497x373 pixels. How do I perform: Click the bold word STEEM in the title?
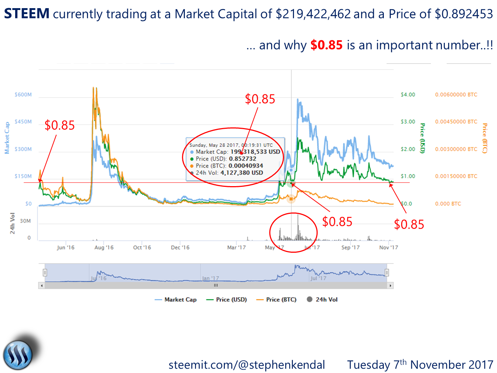pyautogui.click(x=27, y=14)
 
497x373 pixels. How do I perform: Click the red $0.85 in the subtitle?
pyautogui.click(x=327, y=45)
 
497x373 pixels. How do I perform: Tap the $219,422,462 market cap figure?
pyautogui.click(x=313, y=14)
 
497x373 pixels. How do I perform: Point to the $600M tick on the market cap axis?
pyautogui.click(x=23, y=95)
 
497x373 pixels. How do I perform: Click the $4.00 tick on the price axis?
pyautogui.click(x=408, y=95)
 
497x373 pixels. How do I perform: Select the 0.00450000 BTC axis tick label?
pyautogui.click(x=456, y=122)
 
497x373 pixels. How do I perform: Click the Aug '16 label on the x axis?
pyautogui.click(x=104, y=248)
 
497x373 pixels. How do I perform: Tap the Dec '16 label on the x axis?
pyautogui.click(x=180, y=248)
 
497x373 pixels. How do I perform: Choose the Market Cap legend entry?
pyautogui.click(x=176, y=300)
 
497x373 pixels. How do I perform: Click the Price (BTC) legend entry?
pyautogui.click(x=277, y=300)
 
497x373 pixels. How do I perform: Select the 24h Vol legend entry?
pyautogui.click(x=322, y=300)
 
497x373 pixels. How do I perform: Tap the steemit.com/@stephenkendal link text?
pyautogui.click(x=247, y=365)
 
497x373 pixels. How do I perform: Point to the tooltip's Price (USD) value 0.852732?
pyautogui.click(x=243, y=159)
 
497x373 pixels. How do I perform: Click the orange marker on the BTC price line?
pyautogui.click(x=291, y=199)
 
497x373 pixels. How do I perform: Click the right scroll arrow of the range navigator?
pyautogui.click(x=390, y=286)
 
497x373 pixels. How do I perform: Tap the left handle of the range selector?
pyautogui.click(x=45, y=273)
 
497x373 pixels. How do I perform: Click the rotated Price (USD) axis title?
pyautogui.click(x=423, y=138)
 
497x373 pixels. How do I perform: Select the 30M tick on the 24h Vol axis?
pyautogui.click(x=25, y=221)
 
